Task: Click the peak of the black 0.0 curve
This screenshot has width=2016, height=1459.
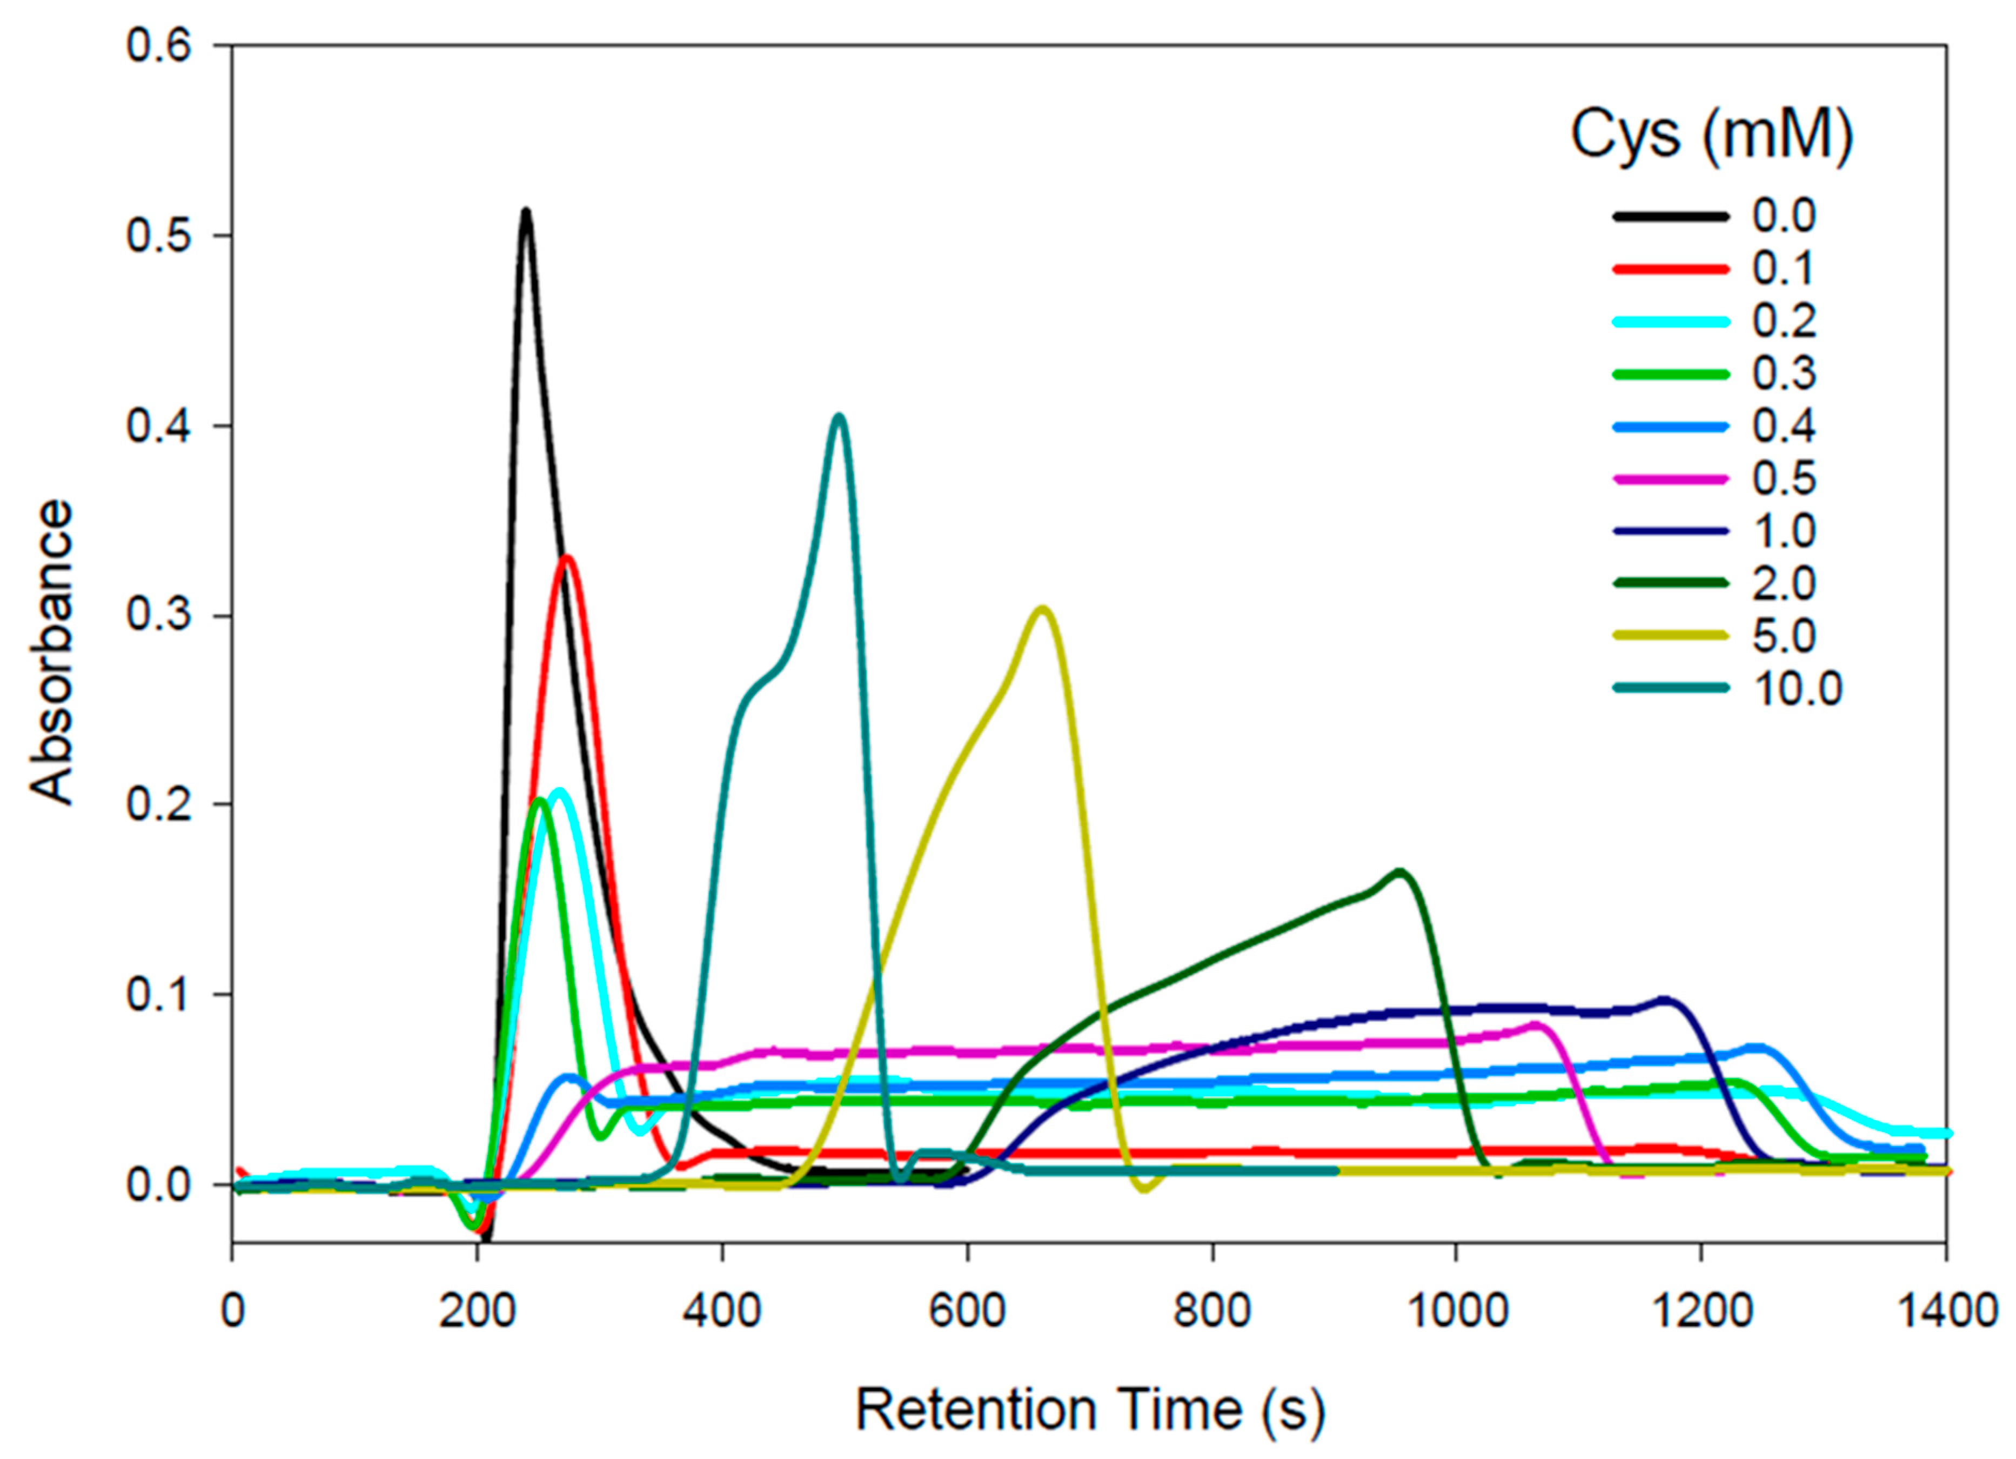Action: [526, 211]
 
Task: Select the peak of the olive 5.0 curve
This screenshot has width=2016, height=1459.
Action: [1043, 609]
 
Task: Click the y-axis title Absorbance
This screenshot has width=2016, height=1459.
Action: [51, 652]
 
